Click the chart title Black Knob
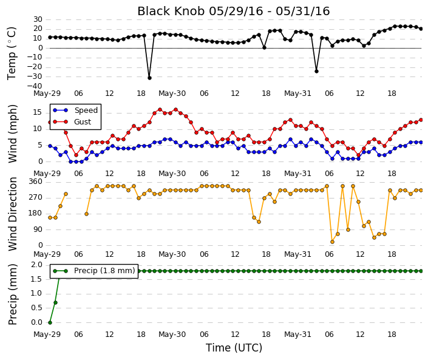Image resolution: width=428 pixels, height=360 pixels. click(x=171, y=11)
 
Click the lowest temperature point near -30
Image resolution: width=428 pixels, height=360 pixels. click(x=149, y=78)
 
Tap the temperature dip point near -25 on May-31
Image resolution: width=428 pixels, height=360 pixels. click(x=317, y=71)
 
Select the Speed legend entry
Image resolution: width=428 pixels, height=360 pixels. click(x=75, y=110)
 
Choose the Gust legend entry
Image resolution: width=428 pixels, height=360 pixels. click(x=72, y=122)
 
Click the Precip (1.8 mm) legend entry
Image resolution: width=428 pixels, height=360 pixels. click(x=94, y=271)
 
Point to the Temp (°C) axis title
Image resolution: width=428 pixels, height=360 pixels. click(x=12, y=53)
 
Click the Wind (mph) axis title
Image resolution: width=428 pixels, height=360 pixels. click(x=12, y=134)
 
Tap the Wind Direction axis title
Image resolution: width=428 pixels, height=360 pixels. click(x=12, y=214)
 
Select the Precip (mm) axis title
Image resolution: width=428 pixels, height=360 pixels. click(x=12, y=294)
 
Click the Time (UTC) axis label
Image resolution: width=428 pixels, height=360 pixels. click(x=234, y=348)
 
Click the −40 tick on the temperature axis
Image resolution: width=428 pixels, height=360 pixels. click(x=35, y=86)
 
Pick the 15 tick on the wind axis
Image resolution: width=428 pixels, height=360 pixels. click(x=38, y=112)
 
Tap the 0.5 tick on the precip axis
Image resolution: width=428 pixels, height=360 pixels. click(x=37, y=308)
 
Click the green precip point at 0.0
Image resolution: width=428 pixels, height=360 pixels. click(x=50, y=322)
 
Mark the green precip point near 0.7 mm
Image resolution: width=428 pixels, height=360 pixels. click(x=55, y=303)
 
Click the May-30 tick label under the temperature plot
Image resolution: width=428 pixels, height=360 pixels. click(x=172, y=93)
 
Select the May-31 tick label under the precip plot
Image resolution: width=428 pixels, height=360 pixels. click(x=297, y=335)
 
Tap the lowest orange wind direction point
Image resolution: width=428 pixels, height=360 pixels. click(x=332, y=242)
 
